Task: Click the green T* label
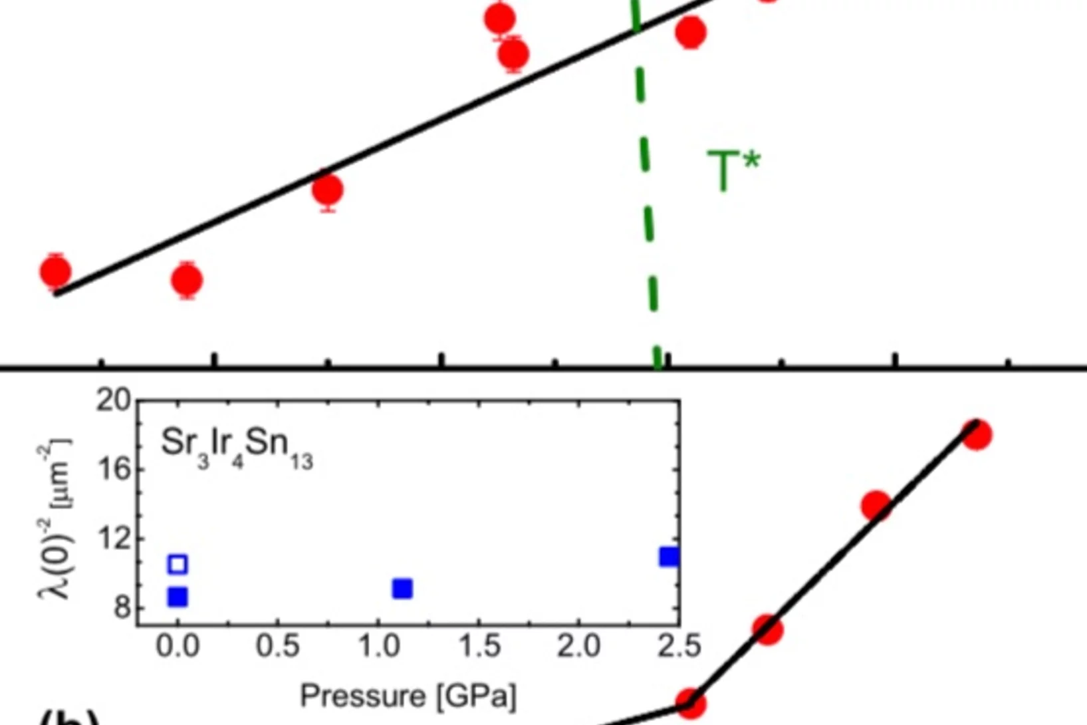click(733, 170)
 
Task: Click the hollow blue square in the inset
click(178, 564)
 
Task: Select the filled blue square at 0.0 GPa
click(178, 597)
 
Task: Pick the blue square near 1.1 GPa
click(402, 589)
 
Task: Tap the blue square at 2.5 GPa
click(669, 557)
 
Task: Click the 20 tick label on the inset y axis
click(114, 400)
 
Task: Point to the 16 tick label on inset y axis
click(114, 470)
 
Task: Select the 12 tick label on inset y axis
click(114, 538)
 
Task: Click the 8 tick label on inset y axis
click(122, 607)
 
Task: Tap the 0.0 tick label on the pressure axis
click(178, 647)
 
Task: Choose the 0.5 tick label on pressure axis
click(278, 647)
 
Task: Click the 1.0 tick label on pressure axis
click(379, 647)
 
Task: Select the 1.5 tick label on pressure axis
click(479, 647)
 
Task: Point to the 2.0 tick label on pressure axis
click(579, 647)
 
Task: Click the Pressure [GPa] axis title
click(408, 696)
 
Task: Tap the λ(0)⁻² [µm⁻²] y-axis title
click(55, 519)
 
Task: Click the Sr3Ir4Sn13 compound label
click(236, 448)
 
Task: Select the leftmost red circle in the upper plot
click(55, 271)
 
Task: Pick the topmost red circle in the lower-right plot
click(976, 434)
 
